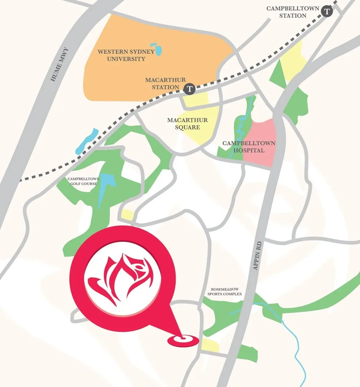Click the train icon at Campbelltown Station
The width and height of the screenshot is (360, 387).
pyautogui.click(x=327, y=11)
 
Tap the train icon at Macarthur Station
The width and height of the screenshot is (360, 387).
pyautogui.click(x=189, y=88)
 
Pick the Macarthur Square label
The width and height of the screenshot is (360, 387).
pyautogui.click(x=187, y=124)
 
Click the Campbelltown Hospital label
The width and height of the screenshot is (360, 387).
pyautogui.click(x=249, y=147)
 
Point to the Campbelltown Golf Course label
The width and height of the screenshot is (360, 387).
pyautogui.click(x=82, y=181)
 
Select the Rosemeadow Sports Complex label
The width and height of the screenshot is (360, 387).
pyautogui.click(x=225, y=291)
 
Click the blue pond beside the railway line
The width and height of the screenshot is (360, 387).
pyautogui.click(x=86, y=140)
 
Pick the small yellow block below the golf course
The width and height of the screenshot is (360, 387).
pyautogui.click(x=128, y=215)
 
